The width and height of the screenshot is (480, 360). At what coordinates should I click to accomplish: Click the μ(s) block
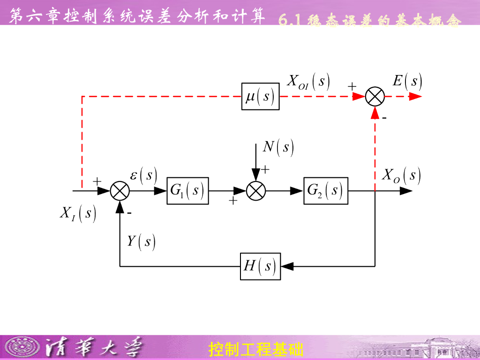click(260, 97)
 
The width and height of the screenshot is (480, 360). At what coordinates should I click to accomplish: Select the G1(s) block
click(187, 191)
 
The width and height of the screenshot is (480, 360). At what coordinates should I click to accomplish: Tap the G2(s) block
click(326, 191)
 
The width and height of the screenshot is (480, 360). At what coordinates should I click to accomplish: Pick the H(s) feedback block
click(260, 266)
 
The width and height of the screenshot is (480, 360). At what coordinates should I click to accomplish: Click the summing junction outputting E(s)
click(375, 97)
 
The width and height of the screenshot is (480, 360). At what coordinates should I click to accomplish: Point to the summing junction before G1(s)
click(120, 191)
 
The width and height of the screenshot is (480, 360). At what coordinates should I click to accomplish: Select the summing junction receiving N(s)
click(256, 191)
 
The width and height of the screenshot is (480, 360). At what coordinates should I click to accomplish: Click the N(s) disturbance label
click(278, 147)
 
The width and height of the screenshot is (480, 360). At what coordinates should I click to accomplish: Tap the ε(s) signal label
click(143, 175)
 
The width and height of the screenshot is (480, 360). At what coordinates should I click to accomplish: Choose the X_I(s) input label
click(78, 214)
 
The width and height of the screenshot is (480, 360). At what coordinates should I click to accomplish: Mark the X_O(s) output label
click(401, 176)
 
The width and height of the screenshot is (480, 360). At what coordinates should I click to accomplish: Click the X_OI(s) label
click(308, 81)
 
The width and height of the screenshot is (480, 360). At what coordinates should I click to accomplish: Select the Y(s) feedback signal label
click(141, 241)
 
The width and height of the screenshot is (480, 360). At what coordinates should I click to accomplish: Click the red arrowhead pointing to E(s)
click(415, 97)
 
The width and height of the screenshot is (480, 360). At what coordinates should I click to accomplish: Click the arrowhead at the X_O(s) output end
click(406, 191)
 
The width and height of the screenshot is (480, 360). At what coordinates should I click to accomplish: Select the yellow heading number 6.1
click(290, 21)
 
